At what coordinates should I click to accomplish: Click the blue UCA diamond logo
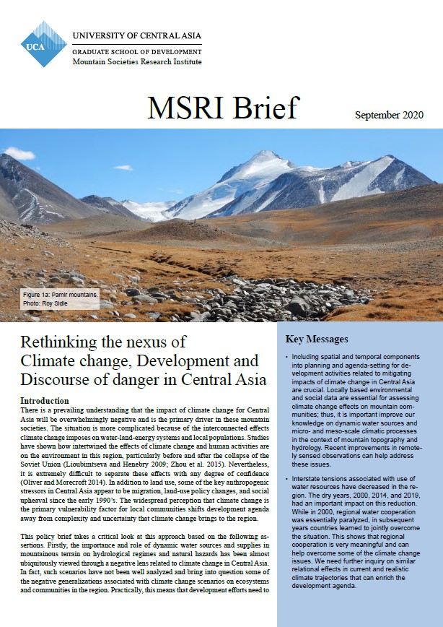pyautogui.click(x=44, y=44)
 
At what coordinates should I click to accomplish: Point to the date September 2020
pyautogui.click(x=389, y=116)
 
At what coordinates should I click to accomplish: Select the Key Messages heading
pyautogui.click(x=317, y=339)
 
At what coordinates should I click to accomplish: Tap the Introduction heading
pyautogui.click(x=45, y=400)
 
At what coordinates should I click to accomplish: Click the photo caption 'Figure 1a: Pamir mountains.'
pyautogui.click(x=60, y=295)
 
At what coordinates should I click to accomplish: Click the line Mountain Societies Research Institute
pyautogui.click(x=137, y=63)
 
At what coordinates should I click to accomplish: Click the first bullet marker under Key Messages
pyautogui.click(x=287, y=358)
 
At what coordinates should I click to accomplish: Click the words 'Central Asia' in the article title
pyautogui.click(x=227, y=379)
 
